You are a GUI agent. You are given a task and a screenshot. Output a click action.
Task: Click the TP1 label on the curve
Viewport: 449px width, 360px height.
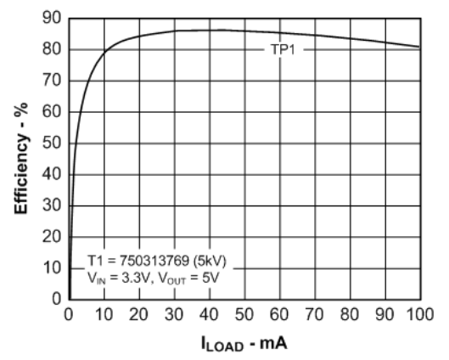pyautogui.click(x=281, y=49)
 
